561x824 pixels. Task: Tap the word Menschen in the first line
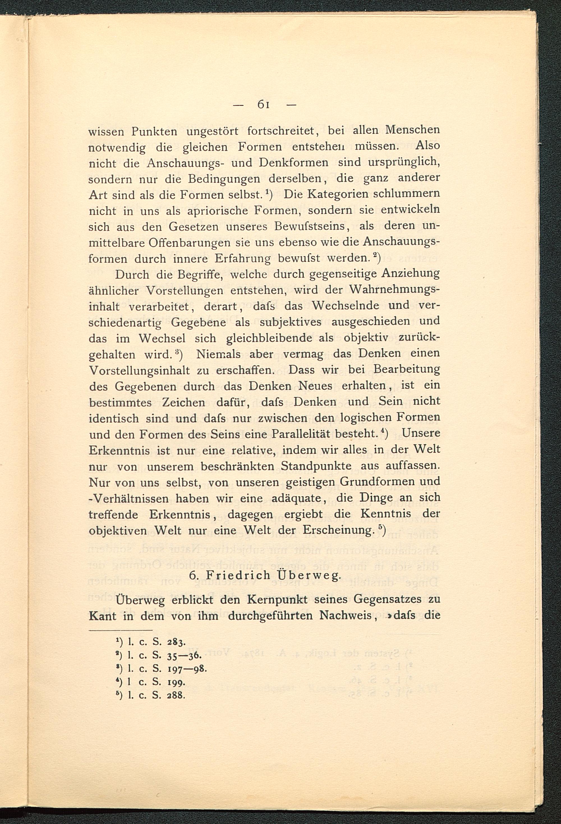tap(412, 130)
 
